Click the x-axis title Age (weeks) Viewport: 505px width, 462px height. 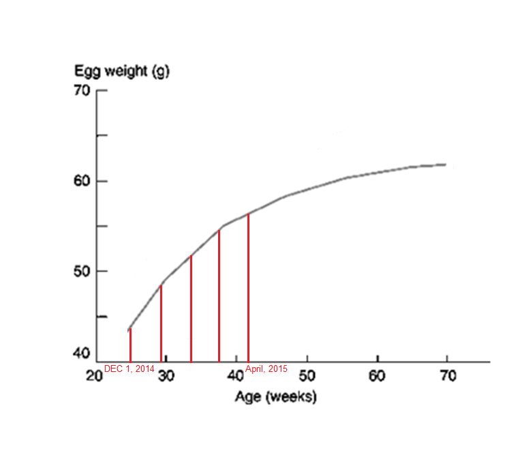coord(276,396)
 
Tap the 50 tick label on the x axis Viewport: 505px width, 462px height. coord(307,376)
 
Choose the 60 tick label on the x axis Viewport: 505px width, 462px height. coord(378,376)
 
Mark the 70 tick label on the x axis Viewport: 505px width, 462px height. coord(447,376)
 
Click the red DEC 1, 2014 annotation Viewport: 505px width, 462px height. coord(129,369)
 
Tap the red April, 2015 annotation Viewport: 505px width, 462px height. coord(266,369)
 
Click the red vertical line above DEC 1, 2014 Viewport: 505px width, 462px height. coord(130,345)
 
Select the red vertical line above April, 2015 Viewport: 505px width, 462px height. coord(248,287)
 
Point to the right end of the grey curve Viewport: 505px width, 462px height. coord(446,164)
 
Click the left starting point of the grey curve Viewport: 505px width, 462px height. coord(129,330)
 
